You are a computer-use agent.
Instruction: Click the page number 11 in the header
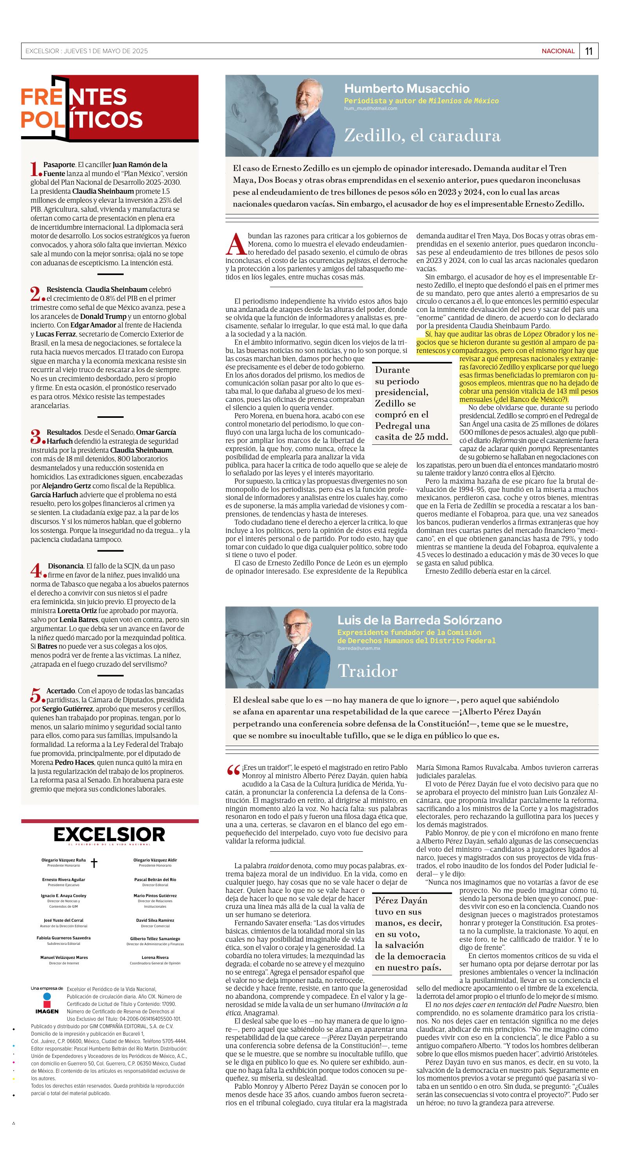588,51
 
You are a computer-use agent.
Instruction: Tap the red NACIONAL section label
558,51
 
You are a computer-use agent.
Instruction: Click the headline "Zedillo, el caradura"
422,135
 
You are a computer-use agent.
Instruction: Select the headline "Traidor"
367,671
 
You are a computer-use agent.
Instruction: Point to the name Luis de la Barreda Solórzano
419,620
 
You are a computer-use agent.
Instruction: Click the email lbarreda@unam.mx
358,648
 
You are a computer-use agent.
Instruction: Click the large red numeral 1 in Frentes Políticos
35,169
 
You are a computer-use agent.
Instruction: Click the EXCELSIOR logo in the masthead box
110,834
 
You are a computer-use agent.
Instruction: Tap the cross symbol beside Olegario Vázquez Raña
94,862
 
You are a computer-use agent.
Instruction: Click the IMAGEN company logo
47,1010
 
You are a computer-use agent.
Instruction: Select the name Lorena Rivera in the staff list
155,957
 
